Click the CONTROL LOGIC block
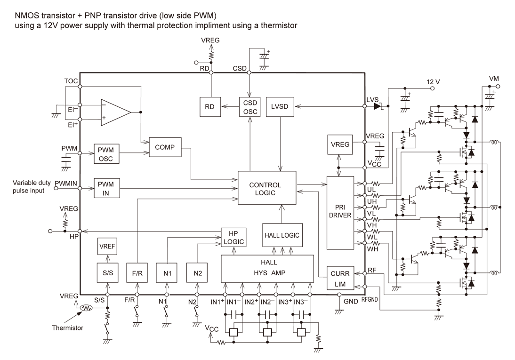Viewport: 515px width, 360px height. pyautogui.click(x=267, y=188)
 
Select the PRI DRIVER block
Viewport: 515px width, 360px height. pyautogui.click(x=340, y=212)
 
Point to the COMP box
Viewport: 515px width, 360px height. pyautogui.click(x=165, y=147)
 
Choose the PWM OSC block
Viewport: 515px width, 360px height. pyautogui.click(x=106, y=154)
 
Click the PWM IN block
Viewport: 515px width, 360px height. pyautogui.click(x=106, y=188)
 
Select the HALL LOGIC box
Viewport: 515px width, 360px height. pyautogui.click(x=282, y=235)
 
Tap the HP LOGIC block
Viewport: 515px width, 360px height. pyautogui.click(x=234, y=237)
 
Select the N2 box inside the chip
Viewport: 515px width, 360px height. pyautogui.click(x=197, y=273)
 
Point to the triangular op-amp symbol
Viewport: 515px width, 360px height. pyautogui.click(x=114, y=112)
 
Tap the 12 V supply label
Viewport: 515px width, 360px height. pyautogui.click(x=433, y=82)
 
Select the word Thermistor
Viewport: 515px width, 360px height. pyautogui.click(x=67, y=328)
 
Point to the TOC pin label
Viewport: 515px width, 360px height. pyautogui.click(x=71, y=80)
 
